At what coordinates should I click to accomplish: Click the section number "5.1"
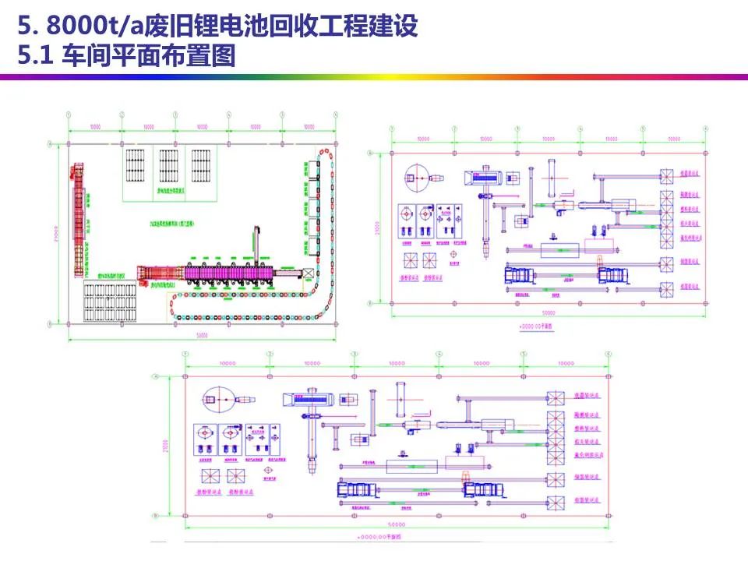pyautogui.click(x=34, y=57)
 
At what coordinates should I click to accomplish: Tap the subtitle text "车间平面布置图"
pyautogui.click(x=147, y=57)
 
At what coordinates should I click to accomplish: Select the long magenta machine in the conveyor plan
pyautogui.click(x=226, y=273)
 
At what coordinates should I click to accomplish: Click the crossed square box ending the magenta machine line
pyautogui.click(x=309, y=273)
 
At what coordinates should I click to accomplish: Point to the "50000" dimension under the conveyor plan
pyautogui.click(x=202, y=334)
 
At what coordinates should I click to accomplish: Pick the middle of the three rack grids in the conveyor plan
pyautogui.click(x=169, y=165)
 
